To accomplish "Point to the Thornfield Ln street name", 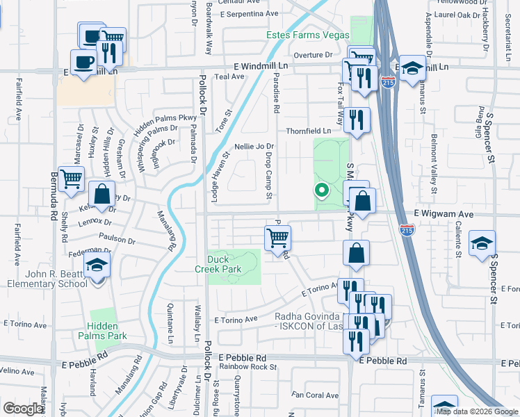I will click(x=309, y=131).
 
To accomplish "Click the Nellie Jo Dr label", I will click(x=255, y=147).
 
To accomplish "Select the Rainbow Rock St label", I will click(x=248, y=366).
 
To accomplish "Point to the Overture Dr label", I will click(x=313, y=54).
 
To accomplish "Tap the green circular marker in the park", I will click(x=322, y=189).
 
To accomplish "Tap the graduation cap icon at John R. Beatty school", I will click(x=97, y=265).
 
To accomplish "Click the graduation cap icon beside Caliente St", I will click(x=482, y=244).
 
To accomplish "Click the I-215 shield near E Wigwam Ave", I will click(x=408, y=229).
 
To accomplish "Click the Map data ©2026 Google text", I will click(x=477, y=411).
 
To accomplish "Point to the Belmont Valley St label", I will click(x=434, y=163).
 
